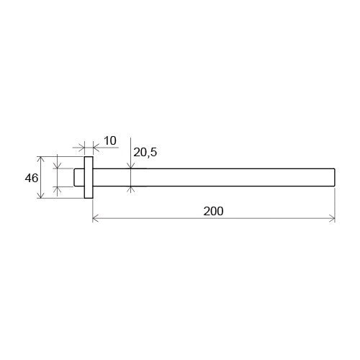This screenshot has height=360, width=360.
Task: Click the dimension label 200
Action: tap(213, 211)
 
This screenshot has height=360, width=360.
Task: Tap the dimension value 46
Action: tap(32, 179)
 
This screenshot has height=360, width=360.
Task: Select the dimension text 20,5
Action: tap(145, 152)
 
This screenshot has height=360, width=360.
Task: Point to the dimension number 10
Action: tap(110, 141)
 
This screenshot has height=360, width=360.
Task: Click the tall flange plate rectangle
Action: tap(89, 178)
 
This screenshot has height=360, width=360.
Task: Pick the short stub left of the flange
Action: tap(79, 178)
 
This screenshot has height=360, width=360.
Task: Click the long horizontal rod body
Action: tap(214, 178)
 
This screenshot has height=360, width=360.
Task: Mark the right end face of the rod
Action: tap(335, 178)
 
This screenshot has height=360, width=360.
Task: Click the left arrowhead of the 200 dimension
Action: tap(95, 219)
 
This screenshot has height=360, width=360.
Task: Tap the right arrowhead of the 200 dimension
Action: tap(332, 219)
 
